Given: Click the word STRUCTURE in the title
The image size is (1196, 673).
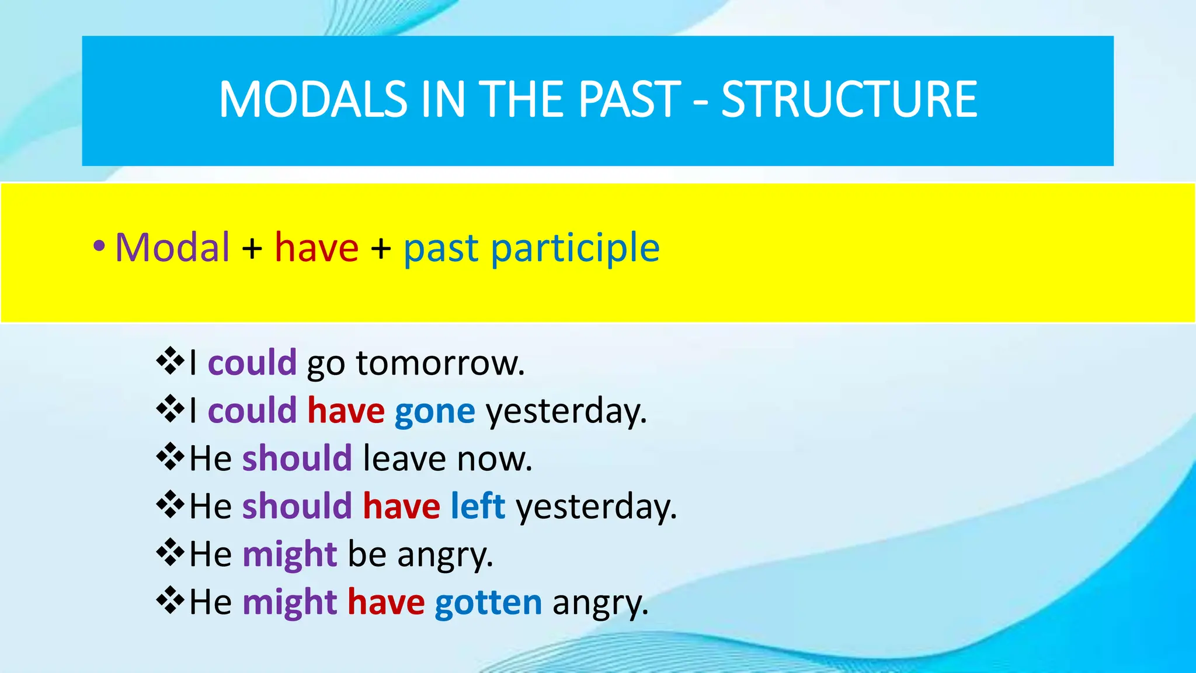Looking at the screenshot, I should (849, 99).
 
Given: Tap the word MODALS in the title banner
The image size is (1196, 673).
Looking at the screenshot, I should (313, 99).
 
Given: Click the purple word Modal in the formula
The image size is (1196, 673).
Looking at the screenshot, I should (172, 247).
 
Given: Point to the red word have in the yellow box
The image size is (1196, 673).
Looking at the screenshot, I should (317, 247).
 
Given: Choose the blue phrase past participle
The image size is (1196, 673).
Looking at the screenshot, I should (531, 248).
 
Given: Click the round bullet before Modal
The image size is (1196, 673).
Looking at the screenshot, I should (99, 247).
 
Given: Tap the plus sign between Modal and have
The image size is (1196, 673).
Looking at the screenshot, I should (252, 248).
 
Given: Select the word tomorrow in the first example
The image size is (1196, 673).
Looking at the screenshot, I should (440, 363).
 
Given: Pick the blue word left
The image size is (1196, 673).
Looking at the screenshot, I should (478, 506).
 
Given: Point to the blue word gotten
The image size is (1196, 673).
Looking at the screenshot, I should (488, 603).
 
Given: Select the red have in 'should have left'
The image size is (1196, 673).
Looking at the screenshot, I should (401, 506).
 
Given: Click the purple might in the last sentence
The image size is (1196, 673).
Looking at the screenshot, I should (290, 603).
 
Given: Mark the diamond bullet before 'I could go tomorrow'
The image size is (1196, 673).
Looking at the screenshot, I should (170, 361).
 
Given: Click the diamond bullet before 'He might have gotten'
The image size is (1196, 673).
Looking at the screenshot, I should (170, 601).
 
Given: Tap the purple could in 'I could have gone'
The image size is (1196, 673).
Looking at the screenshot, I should (252, 411).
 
